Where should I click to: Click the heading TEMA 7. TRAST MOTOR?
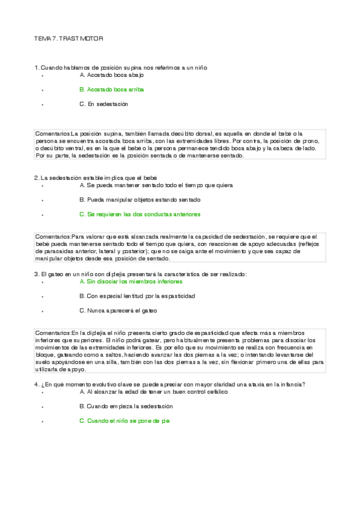click(x=69, y=38)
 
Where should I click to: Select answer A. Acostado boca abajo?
click(x=111, y=75)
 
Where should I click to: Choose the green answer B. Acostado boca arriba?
click(x=112, y=89)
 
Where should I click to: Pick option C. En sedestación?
click(x=104, y=103)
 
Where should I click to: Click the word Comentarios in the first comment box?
click(x=53, y=133)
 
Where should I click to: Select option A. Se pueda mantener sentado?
click(x=156, y=185)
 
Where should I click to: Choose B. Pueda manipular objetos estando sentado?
click(x=139, y=200)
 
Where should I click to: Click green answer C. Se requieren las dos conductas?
click(x=139, y=214)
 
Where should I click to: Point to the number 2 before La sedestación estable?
click(x=37, y=177)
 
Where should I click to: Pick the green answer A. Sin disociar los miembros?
click(x=130, y=281)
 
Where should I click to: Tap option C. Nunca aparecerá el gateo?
click(x=118, y=311)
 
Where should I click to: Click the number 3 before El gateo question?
click(x=37, y=274)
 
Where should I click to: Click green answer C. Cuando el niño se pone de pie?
click(x=124, y=421)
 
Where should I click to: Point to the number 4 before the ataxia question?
click(x=37, y=384)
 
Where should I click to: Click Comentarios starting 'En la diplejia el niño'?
click(x=53, y=333)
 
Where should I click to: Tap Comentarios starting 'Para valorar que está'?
click(x=53, y=236)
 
